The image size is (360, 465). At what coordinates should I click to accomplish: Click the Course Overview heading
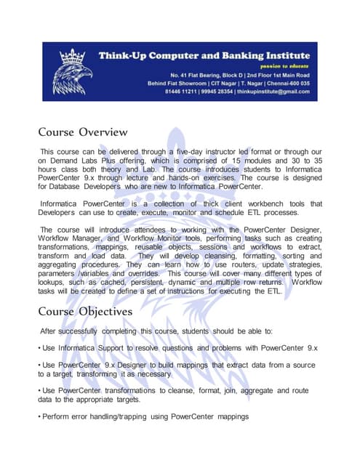tap(83, 133)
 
